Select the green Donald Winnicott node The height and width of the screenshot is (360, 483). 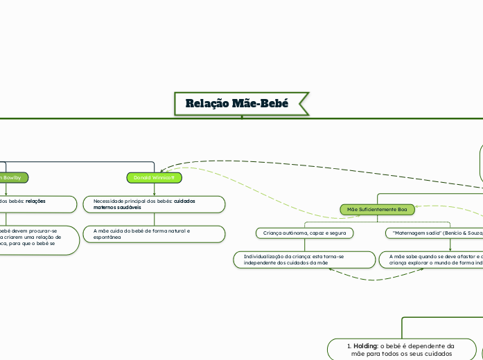point(155,178)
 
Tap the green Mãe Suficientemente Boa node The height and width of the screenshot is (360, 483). point(377,209)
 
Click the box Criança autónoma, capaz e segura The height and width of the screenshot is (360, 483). point(304,233)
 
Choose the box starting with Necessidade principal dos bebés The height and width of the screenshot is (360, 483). point(154,204)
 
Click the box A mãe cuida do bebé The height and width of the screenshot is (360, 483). point(154,233)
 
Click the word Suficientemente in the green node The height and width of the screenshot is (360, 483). point(376,209)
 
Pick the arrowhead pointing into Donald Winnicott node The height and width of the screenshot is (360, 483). point(161,170)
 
